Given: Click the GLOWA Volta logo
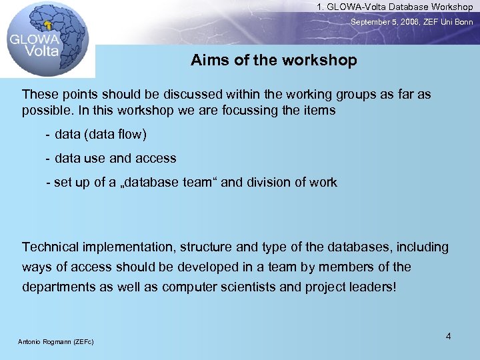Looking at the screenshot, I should pyautogui.click(x=43, y=39).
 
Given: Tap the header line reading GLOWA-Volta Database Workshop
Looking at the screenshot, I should pyautogui.click(x=395, y=7).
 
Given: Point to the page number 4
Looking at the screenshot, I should pyautogui.click(x=448, y=336).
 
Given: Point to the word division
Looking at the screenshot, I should pyautogui.click(x=270, y=182).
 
